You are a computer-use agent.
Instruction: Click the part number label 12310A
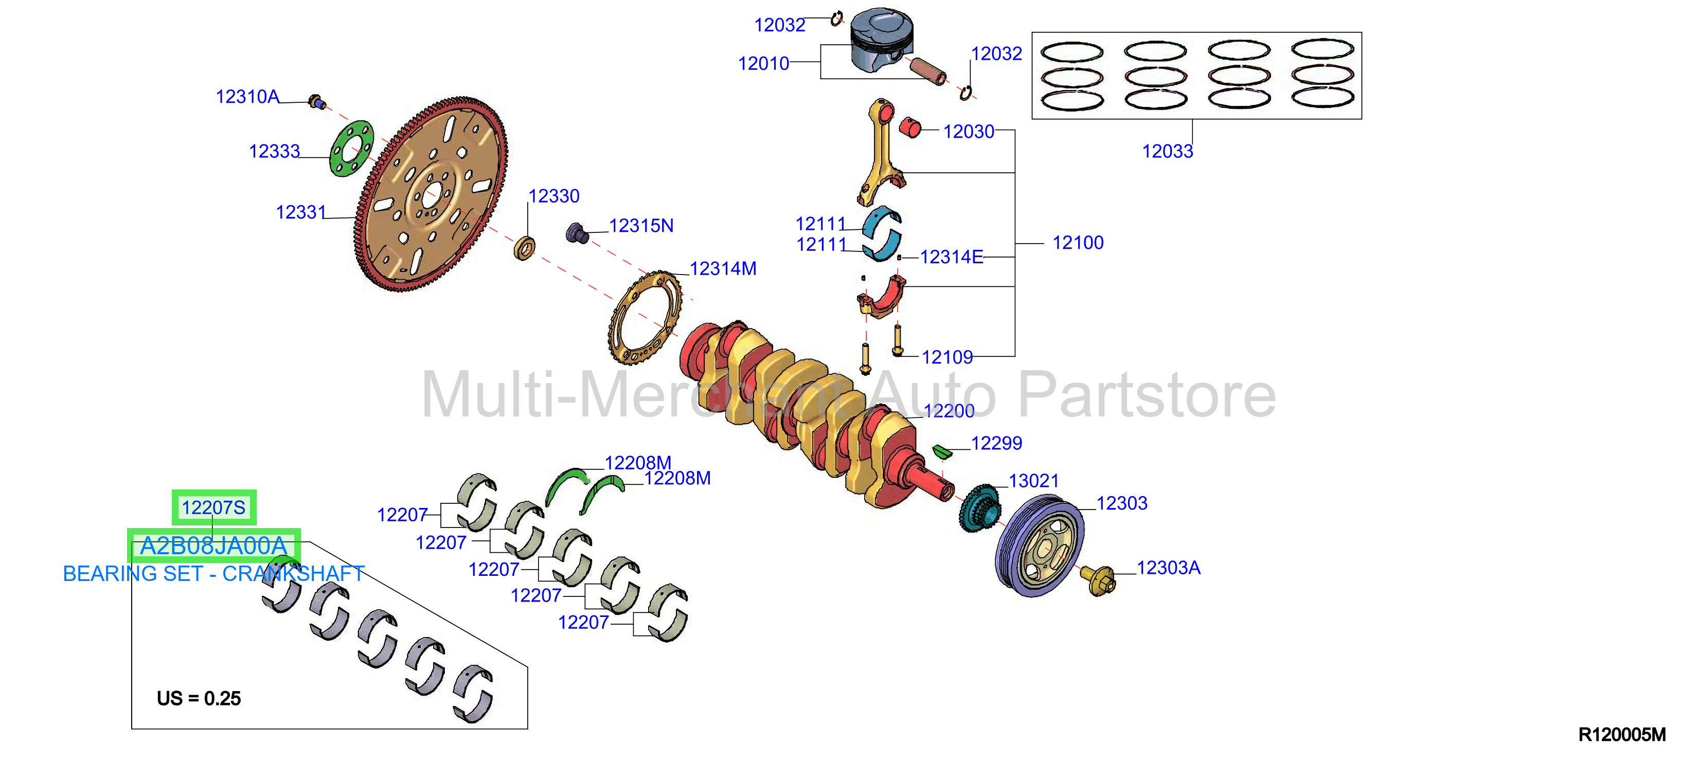pos(247,97)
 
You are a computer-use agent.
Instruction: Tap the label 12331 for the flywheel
pos(300,212)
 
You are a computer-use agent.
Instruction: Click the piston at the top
pos(882,40)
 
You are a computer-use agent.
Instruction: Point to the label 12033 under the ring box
pos(1167,152)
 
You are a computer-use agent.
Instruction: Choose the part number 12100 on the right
pos(1078,243)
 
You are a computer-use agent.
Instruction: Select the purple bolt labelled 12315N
pos(577,232)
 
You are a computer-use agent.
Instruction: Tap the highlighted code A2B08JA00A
pos(213,546)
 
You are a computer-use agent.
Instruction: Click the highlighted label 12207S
pos(213,507)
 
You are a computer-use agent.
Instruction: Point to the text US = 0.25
pos(199,698)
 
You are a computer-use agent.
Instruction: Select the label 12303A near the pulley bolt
pos(1168,568)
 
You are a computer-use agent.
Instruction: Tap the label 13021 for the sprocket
pos(1033,481)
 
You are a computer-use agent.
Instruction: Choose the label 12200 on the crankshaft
pos(949,411)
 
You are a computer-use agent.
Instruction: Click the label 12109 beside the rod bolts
pos(946,357)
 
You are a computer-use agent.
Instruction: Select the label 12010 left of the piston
pos(763,64)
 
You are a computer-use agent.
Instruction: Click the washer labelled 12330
pos(524,248)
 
